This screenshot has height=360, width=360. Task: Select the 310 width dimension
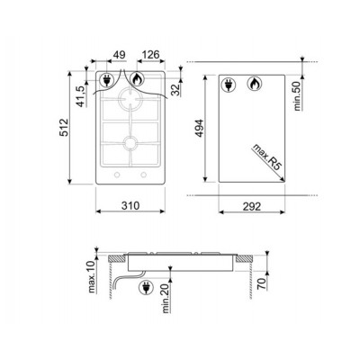(x=130, y=205)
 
